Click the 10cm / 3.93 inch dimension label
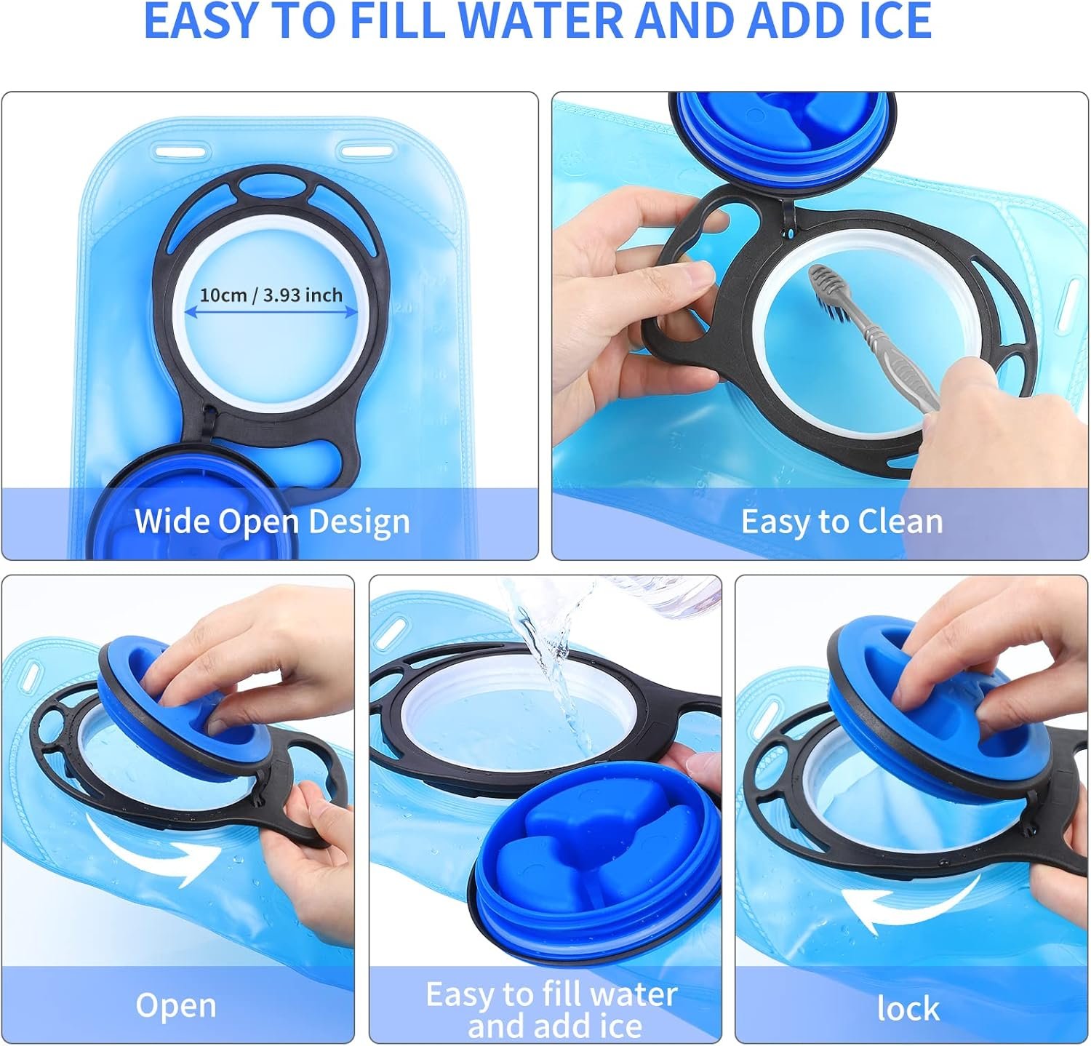271,295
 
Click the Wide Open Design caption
272,522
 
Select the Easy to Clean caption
842,522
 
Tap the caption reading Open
176,1005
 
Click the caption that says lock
908,1008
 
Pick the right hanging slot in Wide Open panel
364,151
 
